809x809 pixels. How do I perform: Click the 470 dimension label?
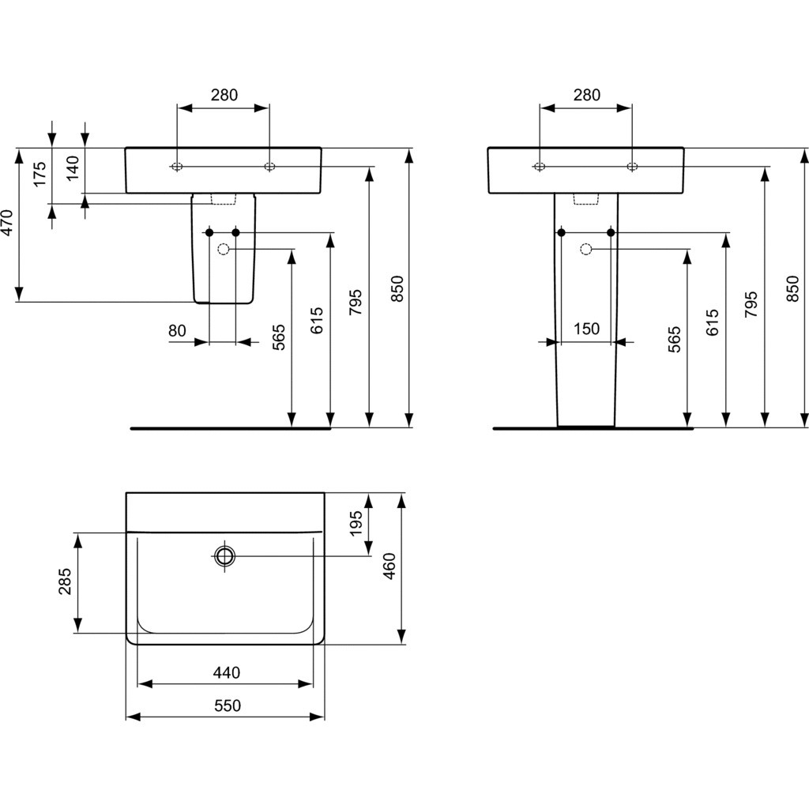tap(6, 222)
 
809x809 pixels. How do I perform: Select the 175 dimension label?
tap(40, 174)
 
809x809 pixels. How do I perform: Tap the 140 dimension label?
tap(73, 167)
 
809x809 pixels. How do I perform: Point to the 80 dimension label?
tap(177, 330)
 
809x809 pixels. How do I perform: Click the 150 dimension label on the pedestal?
tap(587, 329)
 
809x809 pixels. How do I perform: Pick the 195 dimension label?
tap(356, 523)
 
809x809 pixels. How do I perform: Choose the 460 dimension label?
tap(389, 566)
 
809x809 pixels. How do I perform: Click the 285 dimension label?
tap(65, 581)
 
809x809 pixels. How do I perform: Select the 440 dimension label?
tap(227, 672)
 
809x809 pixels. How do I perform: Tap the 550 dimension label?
tap(228, 706)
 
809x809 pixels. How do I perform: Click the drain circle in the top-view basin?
tap(225, 556)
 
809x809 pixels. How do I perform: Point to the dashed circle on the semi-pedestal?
tap(224, 249)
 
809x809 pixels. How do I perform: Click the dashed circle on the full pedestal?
tap(585, 249)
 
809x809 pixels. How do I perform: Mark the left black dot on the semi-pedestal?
tap(209, 233)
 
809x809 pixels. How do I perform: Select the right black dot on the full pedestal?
tap(611, 233)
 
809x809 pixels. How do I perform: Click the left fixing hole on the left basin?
tap(177, 167)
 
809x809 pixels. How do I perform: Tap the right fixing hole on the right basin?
tap(632, 167)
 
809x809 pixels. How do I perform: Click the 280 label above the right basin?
tap(587, 95)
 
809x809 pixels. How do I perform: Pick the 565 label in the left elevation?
tap(279, 337)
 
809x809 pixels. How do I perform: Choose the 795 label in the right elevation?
tap(751, 304)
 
